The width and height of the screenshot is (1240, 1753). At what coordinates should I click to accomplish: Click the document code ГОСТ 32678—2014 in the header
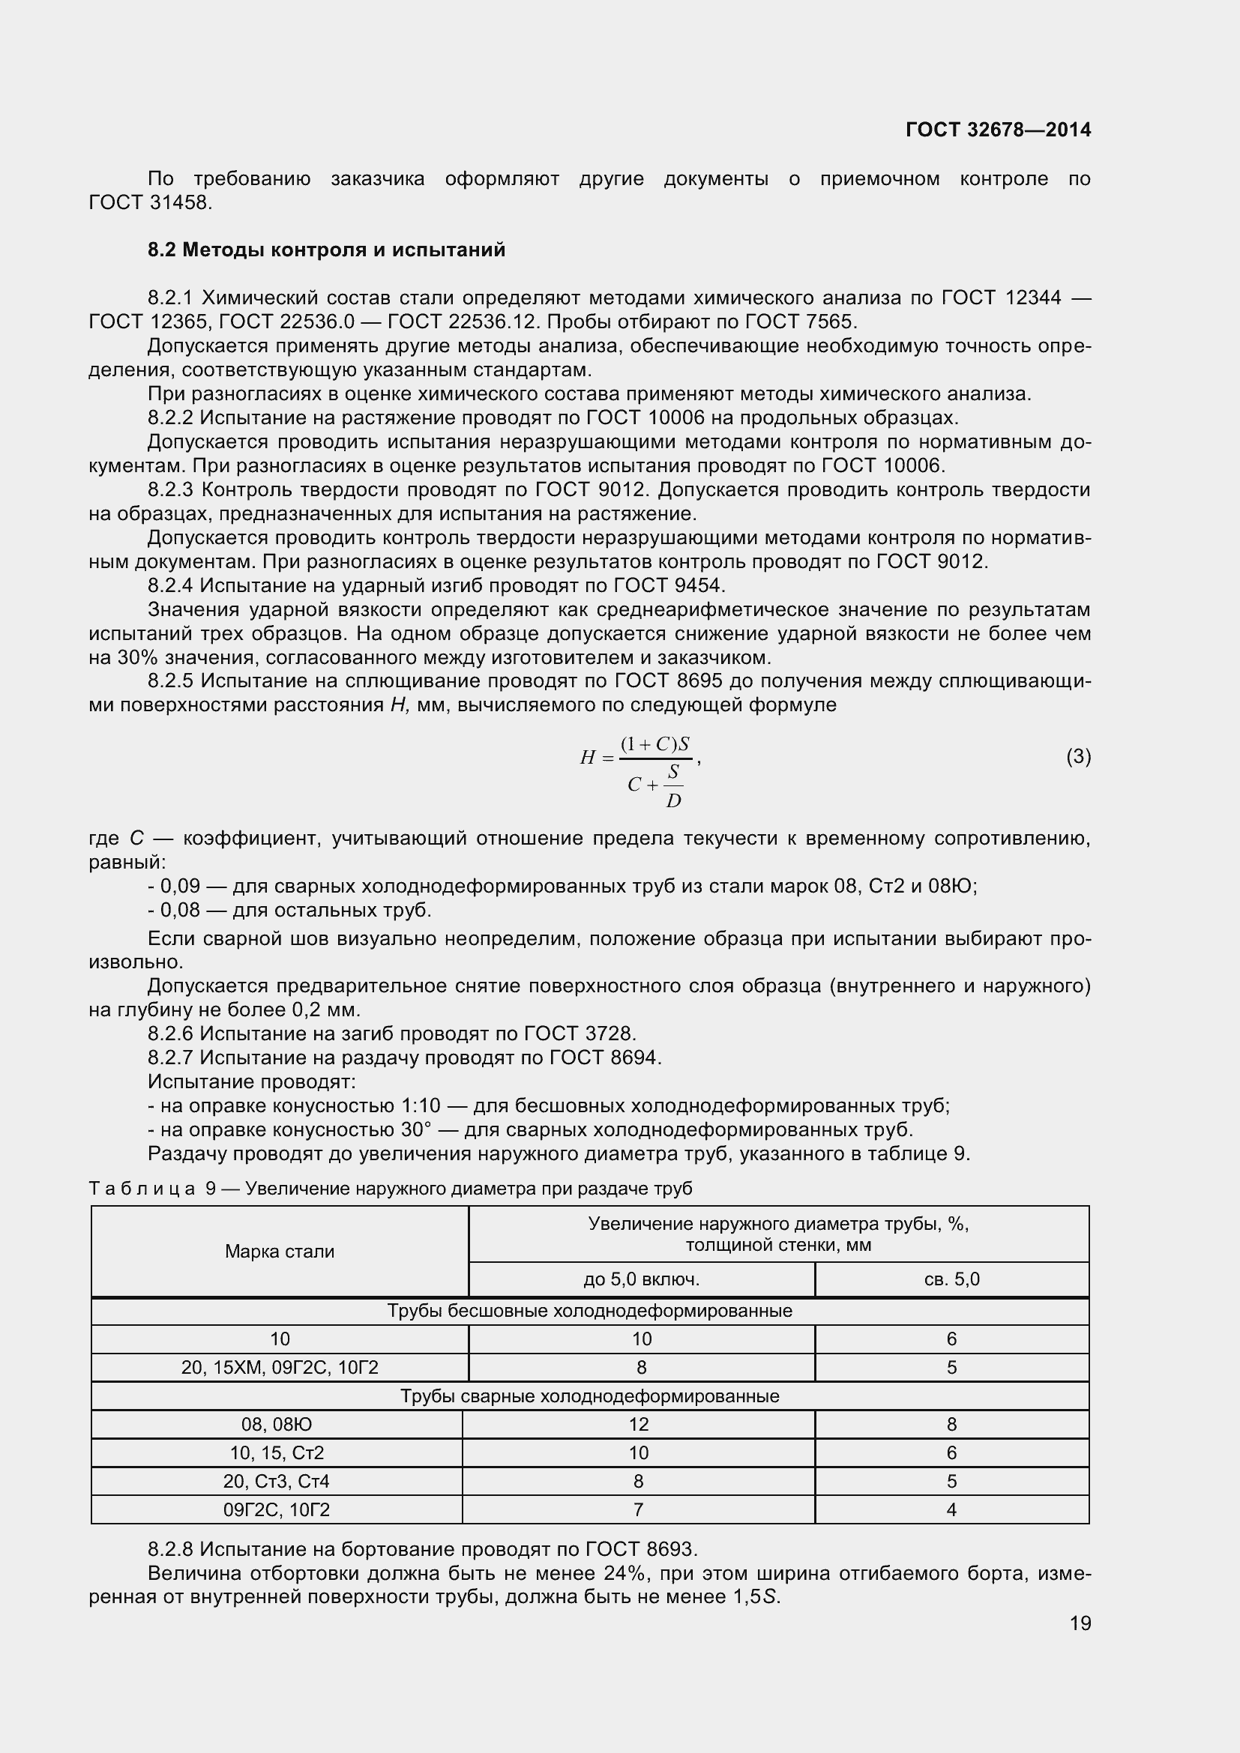click(998, 130)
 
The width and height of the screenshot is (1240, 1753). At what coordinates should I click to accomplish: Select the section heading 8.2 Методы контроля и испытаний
click(326, 250)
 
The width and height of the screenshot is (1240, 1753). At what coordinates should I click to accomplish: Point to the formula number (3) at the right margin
click(1078, 757)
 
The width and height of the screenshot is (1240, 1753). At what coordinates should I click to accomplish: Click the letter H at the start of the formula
click(587, 758)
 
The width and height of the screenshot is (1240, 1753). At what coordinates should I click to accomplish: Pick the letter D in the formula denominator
click(672, 801)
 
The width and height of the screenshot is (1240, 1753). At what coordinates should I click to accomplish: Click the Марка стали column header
click(280, 1252)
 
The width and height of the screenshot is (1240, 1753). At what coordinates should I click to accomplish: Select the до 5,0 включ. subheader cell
click(642, 1279)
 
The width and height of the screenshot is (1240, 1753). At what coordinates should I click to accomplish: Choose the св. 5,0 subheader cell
click(951, 1279)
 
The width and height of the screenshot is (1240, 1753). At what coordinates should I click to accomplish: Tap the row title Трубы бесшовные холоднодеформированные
click(589, 1311)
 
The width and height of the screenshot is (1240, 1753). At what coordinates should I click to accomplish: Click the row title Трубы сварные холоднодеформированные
click(589, 1396)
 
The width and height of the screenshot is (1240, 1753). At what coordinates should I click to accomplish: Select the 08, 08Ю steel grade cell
click(277, 1425)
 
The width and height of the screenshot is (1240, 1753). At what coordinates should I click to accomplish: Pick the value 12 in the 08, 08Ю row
click(638, 1425)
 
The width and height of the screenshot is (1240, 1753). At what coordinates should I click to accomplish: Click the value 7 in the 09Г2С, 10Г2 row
click(638, 1510)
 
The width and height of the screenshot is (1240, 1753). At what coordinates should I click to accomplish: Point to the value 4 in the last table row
click(951, 1510)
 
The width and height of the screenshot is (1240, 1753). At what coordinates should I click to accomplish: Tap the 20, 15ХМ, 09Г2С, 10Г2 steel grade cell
click(280, 1368)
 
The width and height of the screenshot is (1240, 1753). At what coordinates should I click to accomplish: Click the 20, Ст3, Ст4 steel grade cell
click(277, 1482)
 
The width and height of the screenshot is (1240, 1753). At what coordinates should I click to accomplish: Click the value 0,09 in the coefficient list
click(179, 887)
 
